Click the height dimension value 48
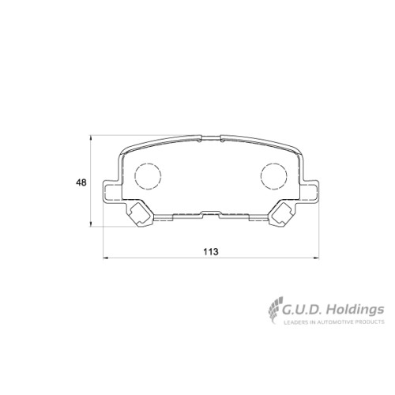coord(81,182)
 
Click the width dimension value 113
coord(211,252)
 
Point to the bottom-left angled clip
coord(140,214)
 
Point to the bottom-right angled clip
coord(282,214)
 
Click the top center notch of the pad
coord(211,138)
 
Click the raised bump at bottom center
coord(211,213)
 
